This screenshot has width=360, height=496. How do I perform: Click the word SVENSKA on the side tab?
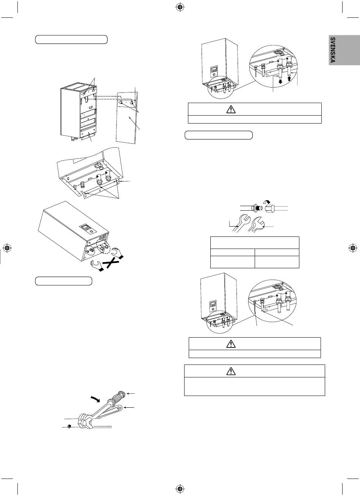point(333,50)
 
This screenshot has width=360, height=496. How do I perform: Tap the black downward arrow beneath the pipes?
point(280,81)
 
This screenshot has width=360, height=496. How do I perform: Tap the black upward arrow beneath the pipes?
point(289,79)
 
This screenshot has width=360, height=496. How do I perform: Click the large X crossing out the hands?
point(112,263)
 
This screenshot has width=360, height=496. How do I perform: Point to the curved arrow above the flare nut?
point(267,201)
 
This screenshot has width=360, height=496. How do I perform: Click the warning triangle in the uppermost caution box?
point(231,109)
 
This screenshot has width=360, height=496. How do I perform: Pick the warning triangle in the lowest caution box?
point(231,371)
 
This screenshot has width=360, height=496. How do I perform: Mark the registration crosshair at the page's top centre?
point(180,8)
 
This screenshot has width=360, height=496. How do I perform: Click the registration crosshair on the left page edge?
point(7,248)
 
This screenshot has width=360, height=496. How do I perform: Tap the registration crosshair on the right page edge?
point(353,248)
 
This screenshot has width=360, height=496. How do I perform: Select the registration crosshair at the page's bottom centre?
point(180,488)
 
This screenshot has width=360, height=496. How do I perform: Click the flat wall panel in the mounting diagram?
point(127,118)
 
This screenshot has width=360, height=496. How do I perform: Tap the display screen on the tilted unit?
point(85,227)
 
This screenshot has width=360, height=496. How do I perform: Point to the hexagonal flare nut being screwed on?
point(270,208)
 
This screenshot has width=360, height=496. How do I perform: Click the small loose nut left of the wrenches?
point(69,427)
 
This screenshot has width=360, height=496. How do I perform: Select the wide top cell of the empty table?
point(255,243)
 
